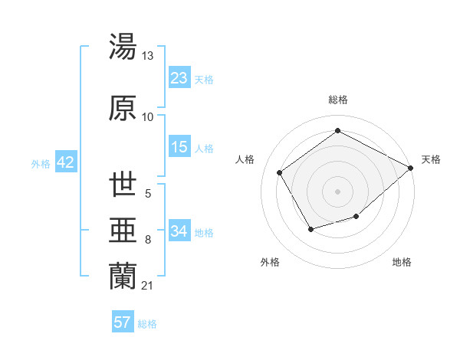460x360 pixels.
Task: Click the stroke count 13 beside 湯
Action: (148, 56)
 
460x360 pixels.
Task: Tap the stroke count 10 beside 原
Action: (148, 116)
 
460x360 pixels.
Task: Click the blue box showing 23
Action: (179, 78)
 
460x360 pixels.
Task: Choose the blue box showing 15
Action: (179, 147)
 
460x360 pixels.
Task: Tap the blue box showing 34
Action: (179, 231)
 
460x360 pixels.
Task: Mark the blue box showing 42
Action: (64, 162)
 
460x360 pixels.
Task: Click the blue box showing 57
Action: (123, 322)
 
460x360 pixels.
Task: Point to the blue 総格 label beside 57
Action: (147, 324)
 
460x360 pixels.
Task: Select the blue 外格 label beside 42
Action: (41, 164)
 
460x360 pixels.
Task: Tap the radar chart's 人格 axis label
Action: (245, 159)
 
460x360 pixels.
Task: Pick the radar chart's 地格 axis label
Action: (402, 262)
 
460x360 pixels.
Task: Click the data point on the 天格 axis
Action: (411, 168)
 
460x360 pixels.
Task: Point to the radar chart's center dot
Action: (337, 191)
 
